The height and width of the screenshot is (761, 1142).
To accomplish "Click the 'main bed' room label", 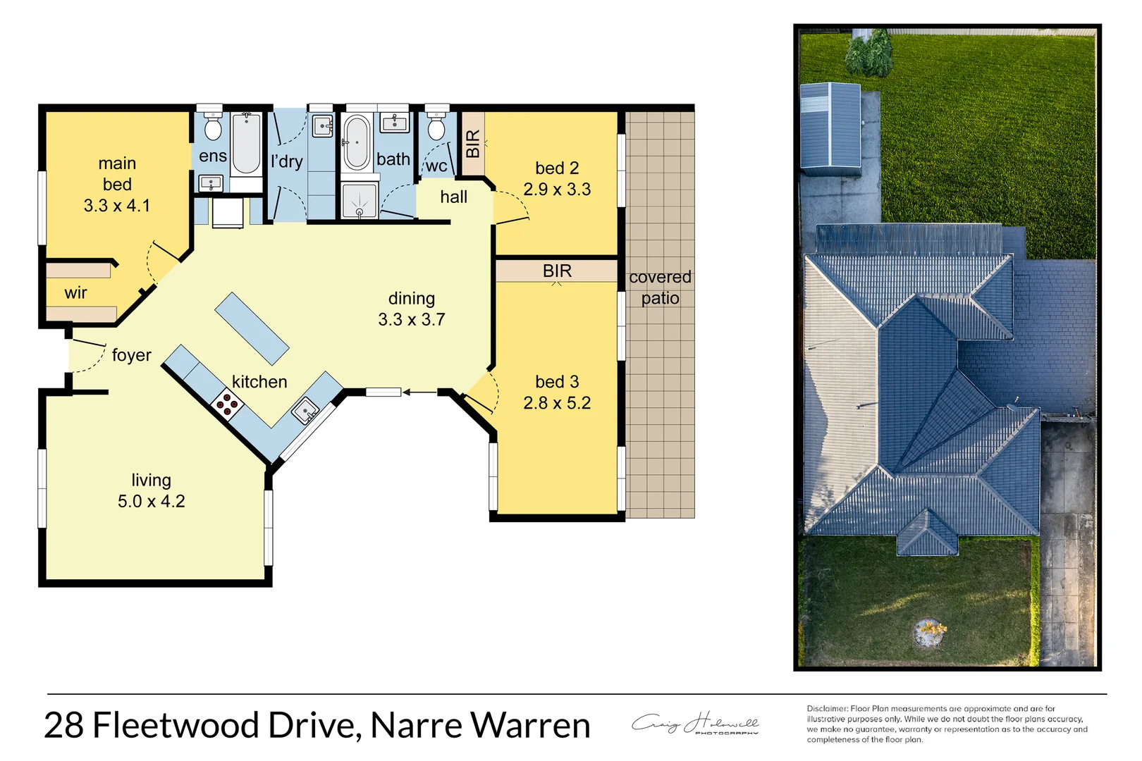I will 117,174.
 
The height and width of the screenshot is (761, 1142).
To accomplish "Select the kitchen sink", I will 306,410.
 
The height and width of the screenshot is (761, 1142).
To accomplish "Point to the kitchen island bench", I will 252,328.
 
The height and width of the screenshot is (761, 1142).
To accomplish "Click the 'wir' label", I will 75,293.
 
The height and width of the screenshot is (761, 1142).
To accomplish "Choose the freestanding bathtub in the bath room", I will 357,142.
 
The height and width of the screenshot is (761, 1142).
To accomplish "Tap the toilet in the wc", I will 436,129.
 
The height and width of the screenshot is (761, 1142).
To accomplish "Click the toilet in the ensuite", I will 213,128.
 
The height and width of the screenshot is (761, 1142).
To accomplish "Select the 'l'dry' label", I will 287,161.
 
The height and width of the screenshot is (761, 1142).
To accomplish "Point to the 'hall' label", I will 453,197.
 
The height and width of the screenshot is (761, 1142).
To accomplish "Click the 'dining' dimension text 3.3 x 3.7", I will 412,320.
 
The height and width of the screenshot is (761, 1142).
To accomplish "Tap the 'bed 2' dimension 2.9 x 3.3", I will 557,190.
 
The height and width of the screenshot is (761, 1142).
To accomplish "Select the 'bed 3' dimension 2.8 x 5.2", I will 557,403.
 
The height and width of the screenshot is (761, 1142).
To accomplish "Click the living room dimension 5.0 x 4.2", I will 152,502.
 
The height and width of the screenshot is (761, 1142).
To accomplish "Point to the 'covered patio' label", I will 660,287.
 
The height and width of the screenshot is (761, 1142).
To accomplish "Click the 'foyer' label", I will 132,355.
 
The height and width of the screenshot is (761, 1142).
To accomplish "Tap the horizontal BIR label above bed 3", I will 557,271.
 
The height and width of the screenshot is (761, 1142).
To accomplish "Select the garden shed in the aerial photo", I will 830,129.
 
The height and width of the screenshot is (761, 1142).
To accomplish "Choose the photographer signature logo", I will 695,724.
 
